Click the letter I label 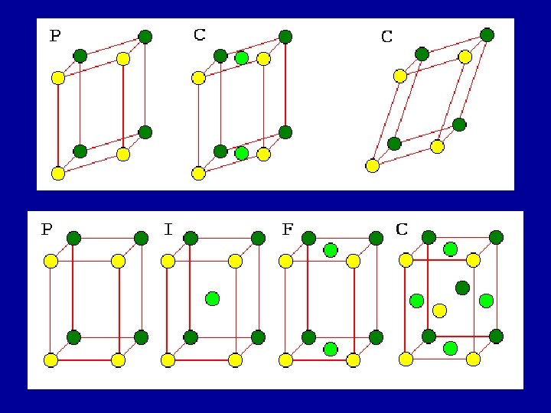click(168, 229)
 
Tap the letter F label click(288, 229)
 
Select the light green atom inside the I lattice click(213, 298)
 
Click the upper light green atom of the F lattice click(331, 249)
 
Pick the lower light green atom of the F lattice click(331, 349)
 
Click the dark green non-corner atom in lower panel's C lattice click(462, 288)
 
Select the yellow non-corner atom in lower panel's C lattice click(439, 310)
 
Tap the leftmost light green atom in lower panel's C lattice click(416, 300)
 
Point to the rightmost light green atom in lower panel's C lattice click(485, 300)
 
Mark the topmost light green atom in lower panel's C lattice click(450, 249)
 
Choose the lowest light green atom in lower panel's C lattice click(450, 348)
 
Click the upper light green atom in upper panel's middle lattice click(242, 57)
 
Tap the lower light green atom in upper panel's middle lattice click(242, 153)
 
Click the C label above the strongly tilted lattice click(387, 36)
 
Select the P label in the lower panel click(47, 229)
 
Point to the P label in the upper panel click(55, 35)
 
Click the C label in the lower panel click(402, 229)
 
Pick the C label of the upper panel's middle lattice click(199, 34)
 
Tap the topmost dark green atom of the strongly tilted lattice click(487, 34)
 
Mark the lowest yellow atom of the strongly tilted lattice click(373, 165)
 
